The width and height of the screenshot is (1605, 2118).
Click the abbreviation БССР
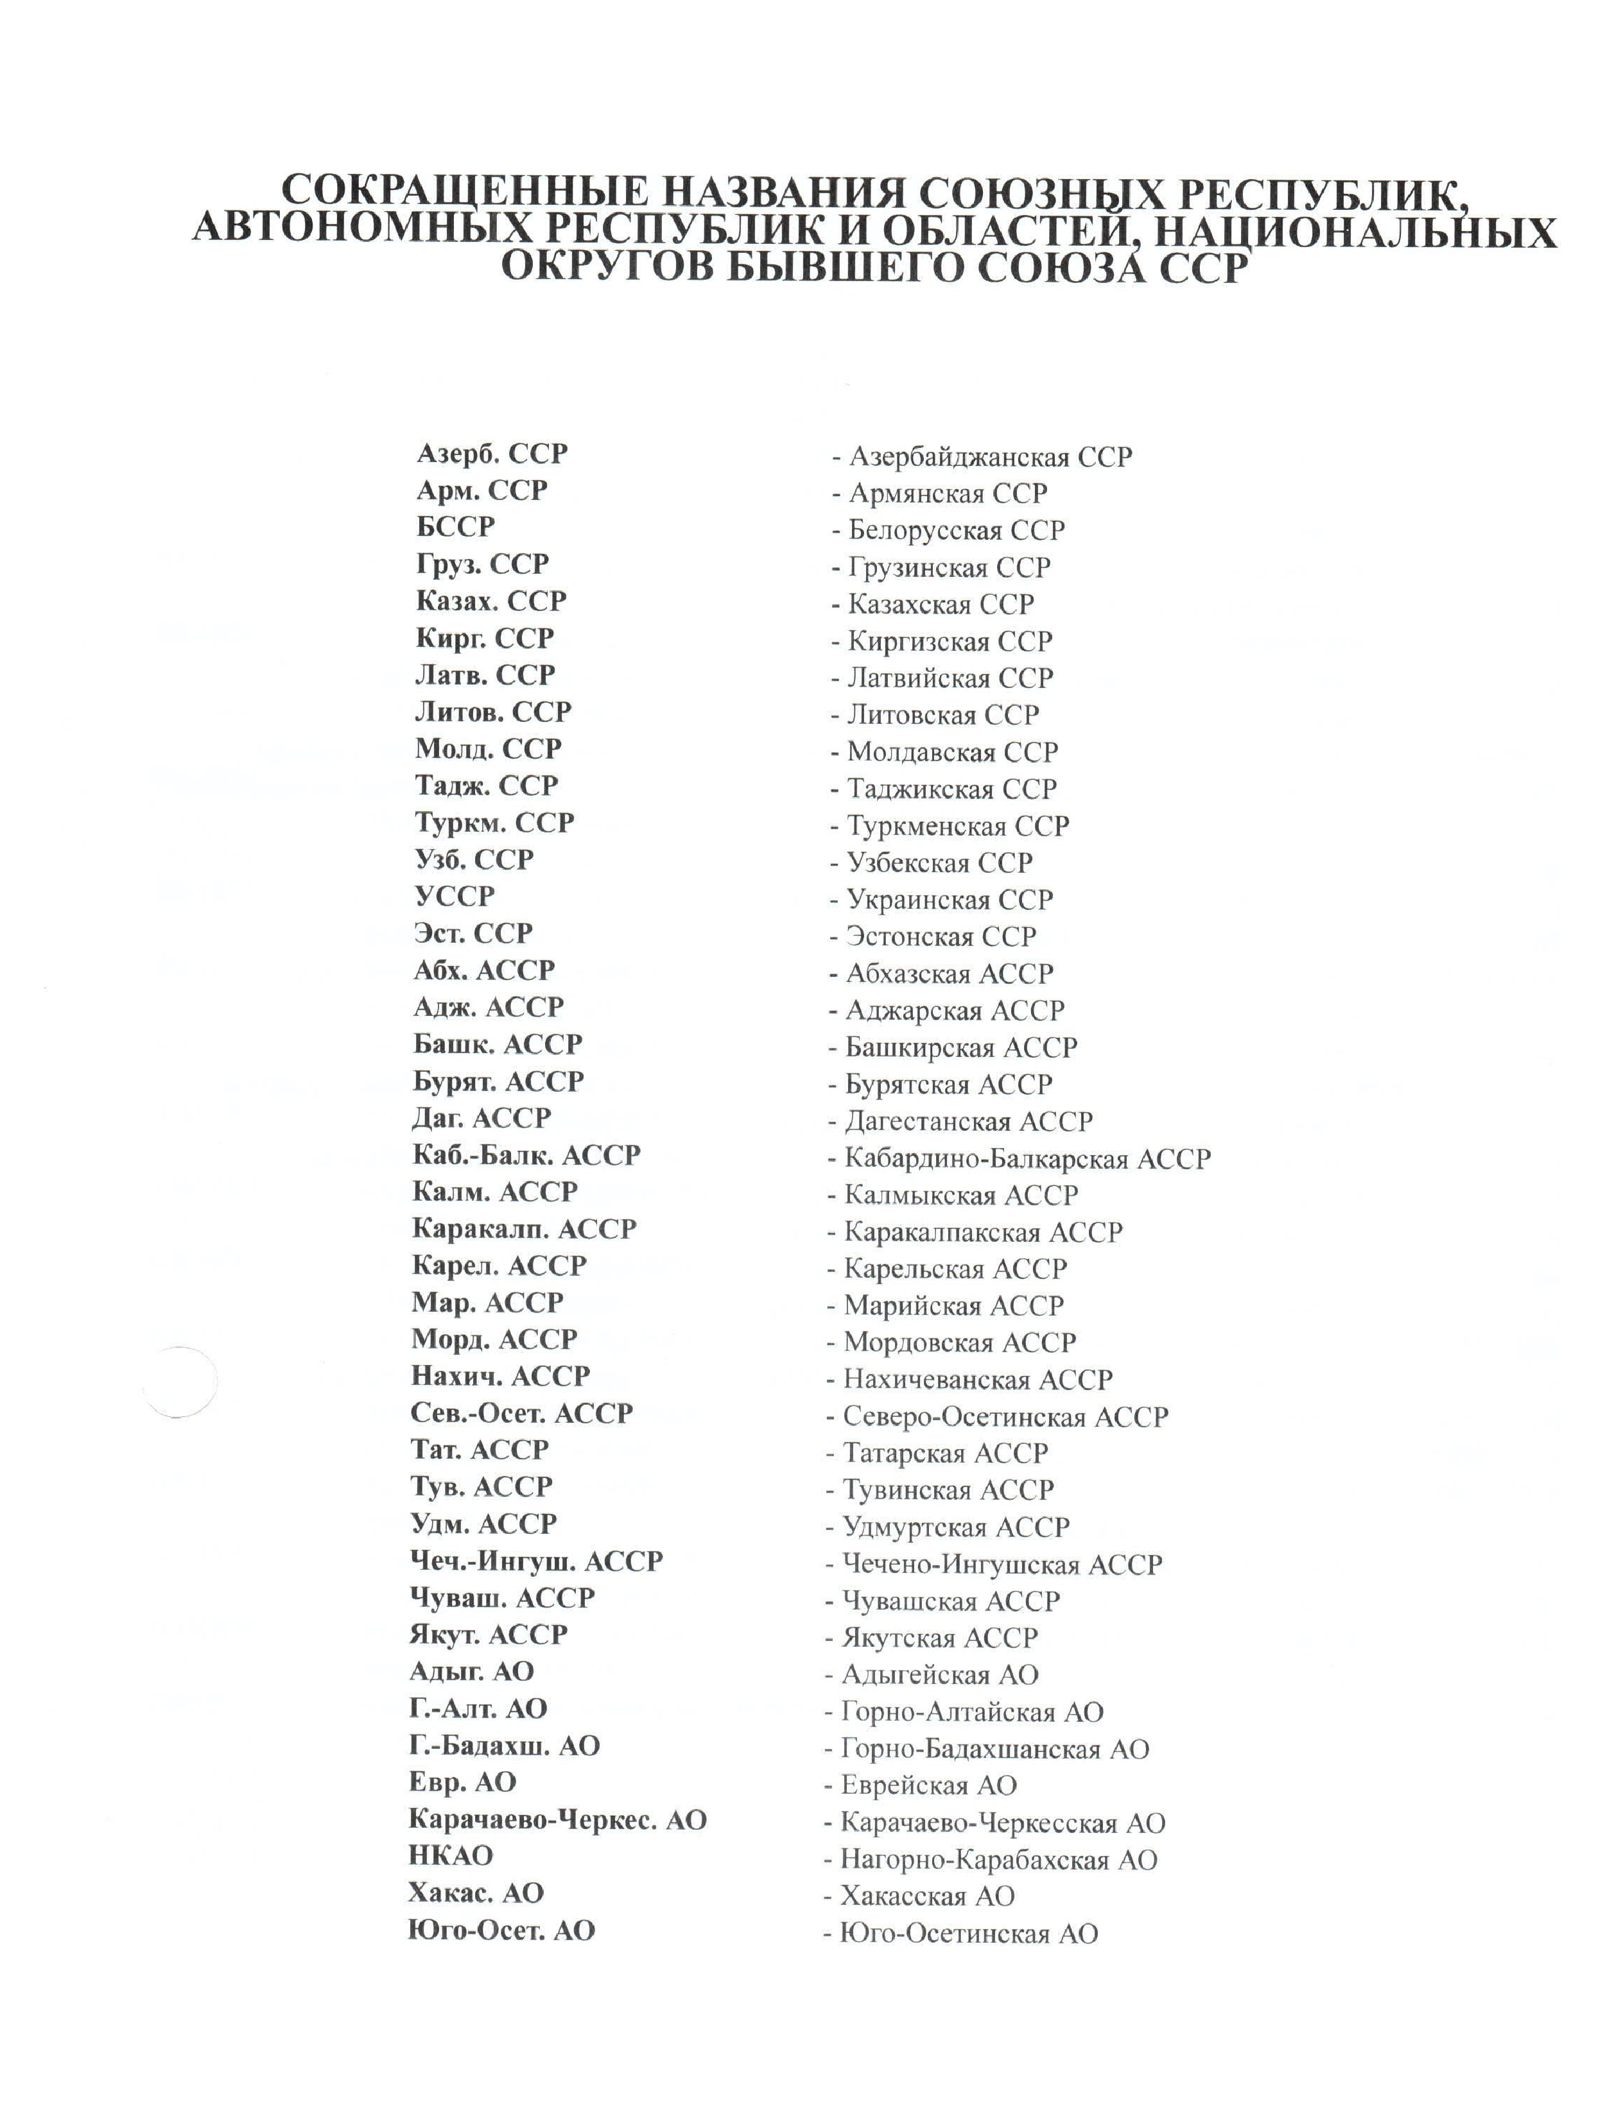(455, 527)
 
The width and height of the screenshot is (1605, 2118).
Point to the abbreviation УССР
(454, 896)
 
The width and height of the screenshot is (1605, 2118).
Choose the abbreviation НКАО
(450, 1855)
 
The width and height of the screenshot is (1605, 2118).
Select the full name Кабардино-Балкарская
(985, 1160)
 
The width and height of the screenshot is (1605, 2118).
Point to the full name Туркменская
(926, 826)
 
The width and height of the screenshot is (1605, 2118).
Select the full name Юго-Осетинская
(944, 1934)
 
